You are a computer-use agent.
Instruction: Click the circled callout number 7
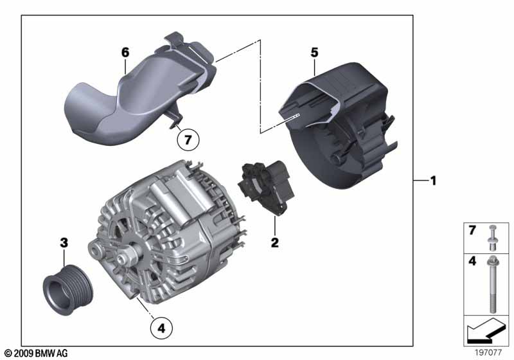pos(188,140)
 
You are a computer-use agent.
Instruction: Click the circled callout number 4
pos(161,328)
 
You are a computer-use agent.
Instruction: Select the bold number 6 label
pos(125,53)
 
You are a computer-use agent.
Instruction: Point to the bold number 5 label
pos(314,53)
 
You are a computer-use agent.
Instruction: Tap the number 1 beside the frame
pos(433,181)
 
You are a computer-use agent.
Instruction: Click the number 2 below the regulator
pos(275,242)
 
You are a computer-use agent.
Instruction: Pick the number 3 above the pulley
pos(64,243)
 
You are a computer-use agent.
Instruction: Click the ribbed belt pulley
pos(68,289)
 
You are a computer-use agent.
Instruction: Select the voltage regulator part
pos(267,188)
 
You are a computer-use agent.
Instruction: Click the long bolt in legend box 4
pos(493,284)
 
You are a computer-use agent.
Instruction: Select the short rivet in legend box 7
pos(492,239)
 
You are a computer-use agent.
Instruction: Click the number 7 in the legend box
pos(472,231)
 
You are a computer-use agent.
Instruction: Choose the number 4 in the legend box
pos(472,261)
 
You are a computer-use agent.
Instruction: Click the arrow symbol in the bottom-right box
pos(484,330)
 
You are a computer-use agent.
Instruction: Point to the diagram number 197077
pos(488,352)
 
